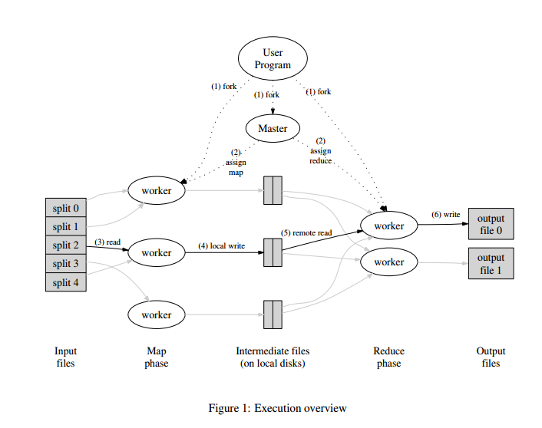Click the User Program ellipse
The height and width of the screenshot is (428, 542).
(x=273, y=59)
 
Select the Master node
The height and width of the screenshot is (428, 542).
(x=273, y=129)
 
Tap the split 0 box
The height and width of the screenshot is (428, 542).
(x=65, y=208)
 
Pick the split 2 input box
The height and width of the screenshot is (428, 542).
(x=65, y=245)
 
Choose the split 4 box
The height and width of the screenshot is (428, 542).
(x=65, y=282)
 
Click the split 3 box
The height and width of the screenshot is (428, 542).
(x=65, y=264)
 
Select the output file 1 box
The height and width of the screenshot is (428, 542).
(x=491, y=263)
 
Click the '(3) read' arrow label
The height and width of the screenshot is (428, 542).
(x=107, y=242)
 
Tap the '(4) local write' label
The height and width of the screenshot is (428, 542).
(x=221, y=245)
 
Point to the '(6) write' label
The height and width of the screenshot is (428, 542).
(x=445, y=214)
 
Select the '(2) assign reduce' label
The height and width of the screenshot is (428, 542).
(x=320, y=151)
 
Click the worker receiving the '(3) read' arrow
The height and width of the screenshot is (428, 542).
(x=157, y=252)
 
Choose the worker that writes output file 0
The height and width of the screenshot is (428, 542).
(x=388, y=226)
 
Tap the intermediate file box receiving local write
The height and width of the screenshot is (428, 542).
(x=273, y=252)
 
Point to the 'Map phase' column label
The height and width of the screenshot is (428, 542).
(x=156, y=357)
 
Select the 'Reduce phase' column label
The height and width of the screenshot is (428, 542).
(x=388, y=357)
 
